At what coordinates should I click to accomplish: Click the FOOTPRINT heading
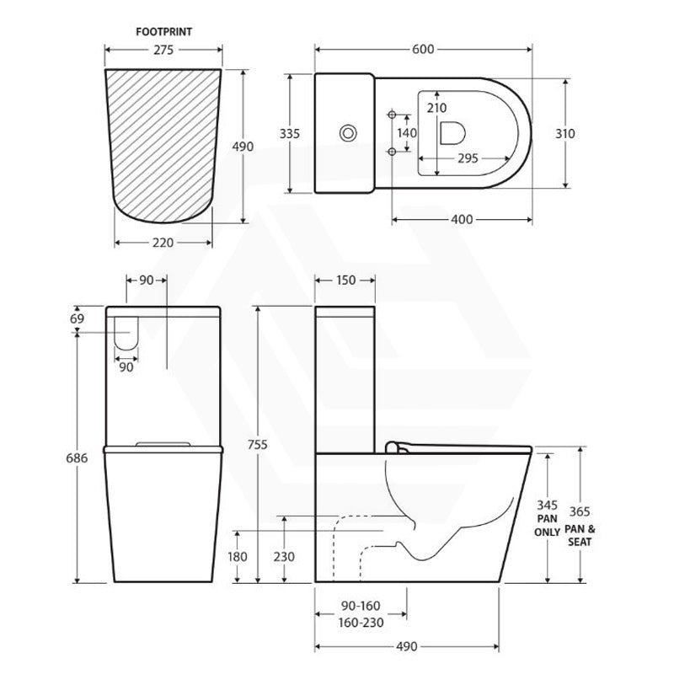163,32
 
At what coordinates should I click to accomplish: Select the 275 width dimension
163,50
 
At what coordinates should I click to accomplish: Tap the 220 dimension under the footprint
163,243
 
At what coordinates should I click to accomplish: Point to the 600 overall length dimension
424,50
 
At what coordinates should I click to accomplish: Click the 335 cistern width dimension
290,134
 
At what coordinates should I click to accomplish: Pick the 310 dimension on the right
564,134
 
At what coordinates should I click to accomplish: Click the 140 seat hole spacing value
407,133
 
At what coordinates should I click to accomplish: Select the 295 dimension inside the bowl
468,158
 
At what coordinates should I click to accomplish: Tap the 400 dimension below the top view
462,220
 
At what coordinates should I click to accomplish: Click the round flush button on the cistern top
348,133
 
